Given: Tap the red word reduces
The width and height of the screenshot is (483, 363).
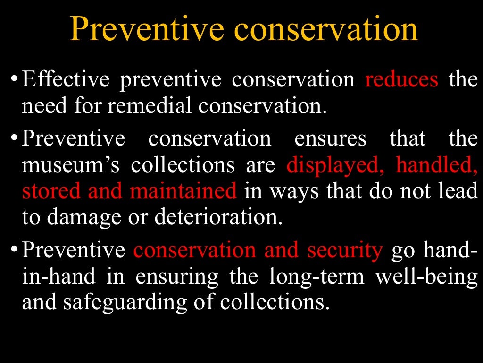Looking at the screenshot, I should pos(401,79).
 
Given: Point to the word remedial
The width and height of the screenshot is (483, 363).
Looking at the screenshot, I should pos(150,106).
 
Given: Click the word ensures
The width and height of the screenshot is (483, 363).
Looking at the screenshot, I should pos(330,138).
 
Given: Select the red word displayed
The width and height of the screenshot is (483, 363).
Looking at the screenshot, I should pos(337,165).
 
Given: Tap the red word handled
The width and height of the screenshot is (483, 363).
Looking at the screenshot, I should pos(437,165).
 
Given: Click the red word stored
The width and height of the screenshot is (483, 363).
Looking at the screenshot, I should pos(50,191).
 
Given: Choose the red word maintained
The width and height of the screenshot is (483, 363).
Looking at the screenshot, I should pos(183,191).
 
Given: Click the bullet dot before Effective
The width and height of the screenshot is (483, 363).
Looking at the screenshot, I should pos(15,78).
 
